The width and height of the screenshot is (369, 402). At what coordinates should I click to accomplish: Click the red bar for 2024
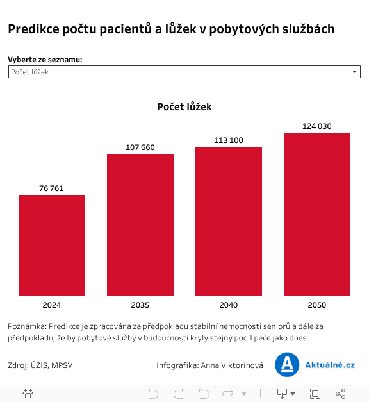click(x=52, y=246)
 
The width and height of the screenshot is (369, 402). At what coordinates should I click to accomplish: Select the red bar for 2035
click(x=140, y=225)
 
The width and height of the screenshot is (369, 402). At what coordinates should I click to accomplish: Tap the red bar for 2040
click(x=229, y=221)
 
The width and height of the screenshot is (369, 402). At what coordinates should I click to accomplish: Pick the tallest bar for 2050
click(x=317, y=214)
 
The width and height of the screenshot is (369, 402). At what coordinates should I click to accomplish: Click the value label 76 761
click(x=52, y=188)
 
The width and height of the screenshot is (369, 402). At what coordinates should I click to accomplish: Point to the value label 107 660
click(x=140, y=147)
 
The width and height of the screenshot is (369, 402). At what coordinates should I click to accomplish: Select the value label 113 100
click(x=229, y=140)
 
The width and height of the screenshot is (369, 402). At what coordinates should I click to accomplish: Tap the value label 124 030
click(x=317, y=126)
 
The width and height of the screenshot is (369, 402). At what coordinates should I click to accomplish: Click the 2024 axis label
click(x=52, y=305)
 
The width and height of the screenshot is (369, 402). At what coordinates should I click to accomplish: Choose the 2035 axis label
click(x=140, y=305)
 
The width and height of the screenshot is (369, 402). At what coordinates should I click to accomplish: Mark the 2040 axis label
click(x=229, y=305)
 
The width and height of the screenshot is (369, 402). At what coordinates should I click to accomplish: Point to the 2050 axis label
click(x=317, y=305)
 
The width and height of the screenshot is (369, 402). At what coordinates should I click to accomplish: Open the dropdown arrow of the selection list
click(x=355, y=72)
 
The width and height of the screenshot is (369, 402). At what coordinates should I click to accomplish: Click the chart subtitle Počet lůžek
click(x=184, y=107)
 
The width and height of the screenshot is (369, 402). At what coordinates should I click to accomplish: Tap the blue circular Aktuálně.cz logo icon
click(x=287, y=364)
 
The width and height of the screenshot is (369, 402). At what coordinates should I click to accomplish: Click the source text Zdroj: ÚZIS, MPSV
click(x=40, y=365)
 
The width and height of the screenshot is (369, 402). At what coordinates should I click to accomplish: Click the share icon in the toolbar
click(x=341, y=393)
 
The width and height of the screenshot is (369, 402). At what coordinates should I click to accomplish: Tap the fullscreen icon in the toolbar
click(x=315, y=393)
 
